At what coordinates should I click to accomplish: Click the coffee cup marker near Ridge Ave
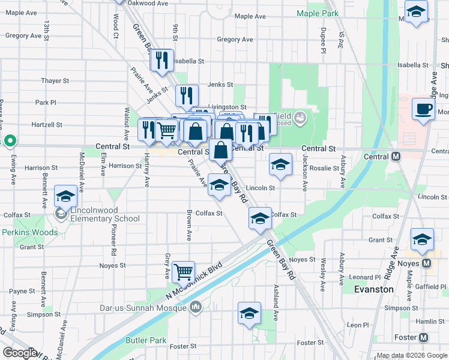[424, 109]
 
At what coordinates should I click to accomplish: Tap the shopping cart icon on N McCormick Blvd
[183, 271]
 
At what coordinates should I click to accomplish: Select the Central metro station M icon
[396, 157]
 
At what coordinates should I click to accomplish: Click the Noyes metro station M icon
[427, 263]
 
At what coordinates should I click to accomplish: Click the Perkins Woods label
[30, 232]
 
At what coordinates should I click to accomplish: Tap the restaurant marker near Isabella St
[161, 61]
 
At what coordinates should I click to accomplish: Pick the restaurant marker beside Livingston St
[187, 95]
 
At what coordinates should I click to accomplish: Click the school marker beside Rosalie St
[280, 164]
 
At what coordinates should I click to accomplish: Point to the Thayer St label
[55, 81]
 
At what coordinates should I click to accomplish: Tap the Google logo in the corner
[20, 353]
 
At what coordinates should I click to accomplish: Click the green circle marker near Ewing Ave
[10, 142]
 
